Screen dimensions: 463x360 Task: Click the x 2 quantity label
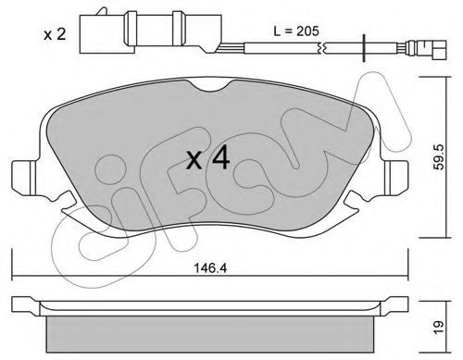55,34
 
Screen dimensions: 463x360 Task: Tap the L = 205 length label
296,31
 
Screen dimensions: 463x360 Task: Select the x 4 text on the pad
207,158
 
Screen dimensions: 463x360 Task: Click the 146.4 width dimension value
210,268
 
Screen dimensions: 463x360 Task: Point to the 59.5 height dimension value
439,156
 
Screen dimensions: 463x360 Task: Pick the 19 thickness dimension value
438,327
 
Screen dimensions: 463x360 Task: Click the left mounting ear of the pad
24,178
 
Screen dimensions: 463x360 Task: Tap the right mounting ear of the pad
396,178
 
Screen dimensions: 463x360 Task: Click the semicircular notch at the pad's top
210,85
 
